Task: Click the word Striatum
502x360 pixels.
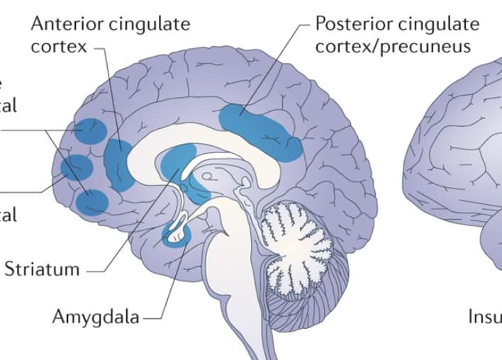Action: point(42,269)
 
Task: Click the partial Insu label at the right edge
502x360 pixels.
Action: point(484,316)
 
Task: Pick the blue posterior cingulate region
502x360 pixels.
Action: point(260,128)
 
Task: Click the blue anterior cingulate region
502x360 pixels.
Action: point(118,164)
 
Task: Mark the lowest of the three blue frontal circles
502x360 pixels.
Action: point(92,201)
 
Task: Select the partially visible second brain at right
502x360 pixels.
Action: point(461,177)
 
